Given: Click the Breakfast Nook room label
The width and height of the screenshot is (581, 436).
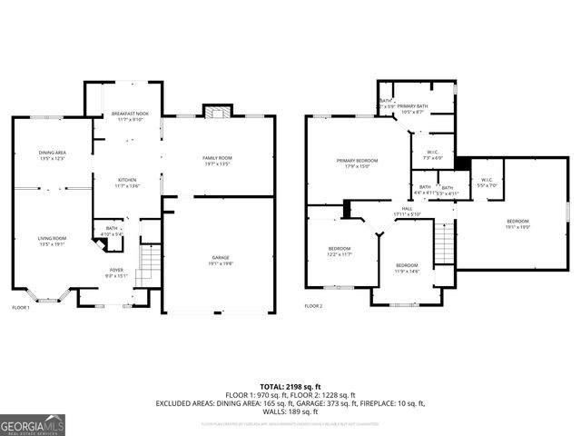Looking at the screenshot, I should coord(130,114).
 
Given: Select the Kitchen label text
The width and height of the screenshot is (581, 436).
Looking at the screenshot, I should coord(127,181).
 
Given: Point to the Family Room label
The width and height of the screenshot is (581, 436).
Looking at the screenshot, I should coord(217,158).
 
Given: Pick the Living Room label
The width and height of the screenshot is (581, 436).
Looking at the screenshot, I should coord(52,238).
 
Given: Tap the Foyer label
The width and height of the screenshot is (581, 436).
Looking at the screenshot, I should coord(116,270).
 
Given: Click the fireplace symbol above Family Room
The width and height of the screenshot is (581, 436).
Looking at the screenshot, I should coord(215,112).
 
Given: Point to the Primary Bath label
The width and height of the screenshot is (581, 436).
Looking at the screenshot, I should coord(412,106).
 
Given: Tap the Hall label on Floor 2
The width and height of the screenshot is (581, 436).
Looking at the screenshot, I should coord(408,209).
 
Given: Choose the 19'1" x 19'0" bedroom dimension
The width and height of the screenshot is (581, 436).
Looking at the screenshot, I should coord(517,228).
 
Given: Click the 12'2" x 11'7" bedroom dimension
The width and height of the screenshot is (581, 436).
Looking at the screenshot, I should coord(340,255).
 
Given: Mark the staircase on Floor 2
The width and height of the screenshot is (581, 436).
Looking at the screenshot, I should coord(443,241).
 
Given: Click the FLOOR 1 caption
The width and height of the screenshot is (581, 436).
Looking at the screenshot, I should coord(21,308).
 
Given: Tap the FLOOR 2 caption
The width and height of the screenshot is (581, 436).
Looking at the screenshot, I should coord(314,307).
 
